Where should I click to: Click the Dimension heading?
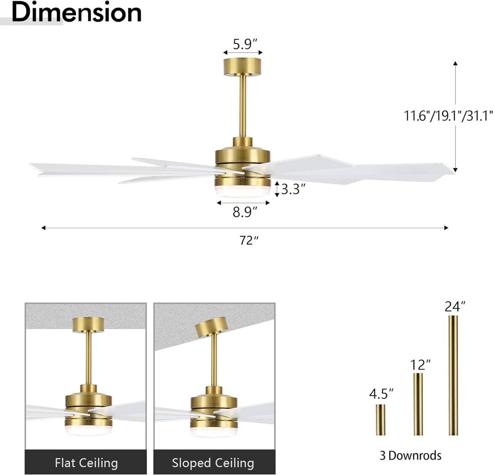(77, 13)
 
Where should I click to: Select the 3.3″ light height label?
(293, 189)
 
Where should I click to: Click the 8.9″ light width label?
(245, 212)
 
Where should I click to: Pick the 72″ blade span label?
(249, 240)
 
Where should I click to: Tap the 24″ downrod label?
(455, 306)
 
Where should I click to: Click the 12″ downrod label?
(420, 364)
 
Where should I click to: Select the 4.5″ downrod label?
(381, 394)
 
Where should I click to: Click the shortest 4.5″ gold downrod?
(380, 419)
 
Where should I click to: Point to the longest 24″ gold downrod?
(453, 375)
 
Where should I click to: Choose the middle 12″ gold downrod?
(418, 403)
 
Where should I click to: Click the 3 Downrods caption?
(410, 455)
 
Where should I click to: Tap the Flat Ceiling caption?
(86, 462)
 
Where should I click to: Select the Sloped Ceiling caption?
(213, 462)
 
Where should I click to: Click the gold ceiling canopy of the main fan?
(243, 67)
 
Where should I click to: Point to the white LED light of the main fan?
(243, 192)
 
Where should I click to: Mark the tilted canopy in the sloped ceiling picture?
(211, 327)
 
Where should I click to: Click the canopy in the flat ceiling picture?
(88, 325)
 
